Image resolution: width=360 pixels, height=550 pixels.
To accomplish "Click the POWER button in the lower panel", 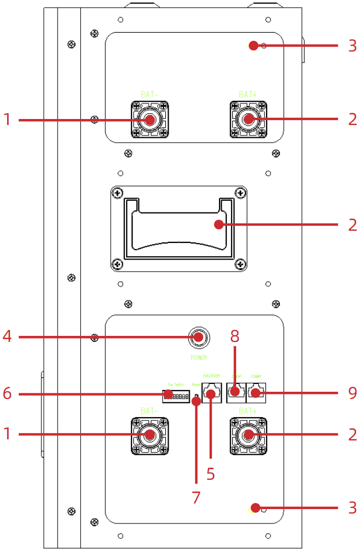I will [x=199, y=336].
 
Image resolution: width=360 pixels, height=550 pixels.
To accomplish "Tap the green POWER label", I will [x=199, y=357].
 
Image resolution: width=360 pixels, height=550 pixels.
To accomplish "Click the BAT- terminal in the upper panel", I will [x=149, y=120].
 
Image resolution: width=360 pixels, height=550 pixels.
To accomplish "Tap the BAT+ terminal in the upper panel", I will [x=248, y=120].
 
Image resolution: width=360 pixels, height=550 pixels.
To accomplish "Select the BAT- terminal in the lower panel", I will [x=149, y=435].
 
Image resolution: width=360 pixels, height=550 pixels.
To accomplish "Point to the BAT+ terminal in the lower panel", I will [x=248, y=435].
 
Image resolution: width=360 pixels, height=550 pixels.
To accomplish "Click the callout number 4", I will [x=7, y=336].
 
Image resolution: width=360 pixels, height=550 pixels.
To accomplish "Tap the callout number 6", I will [x=7, y=393].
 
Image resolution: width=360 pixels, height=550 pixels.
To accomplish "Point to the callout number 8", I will [x=235, y=336].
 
